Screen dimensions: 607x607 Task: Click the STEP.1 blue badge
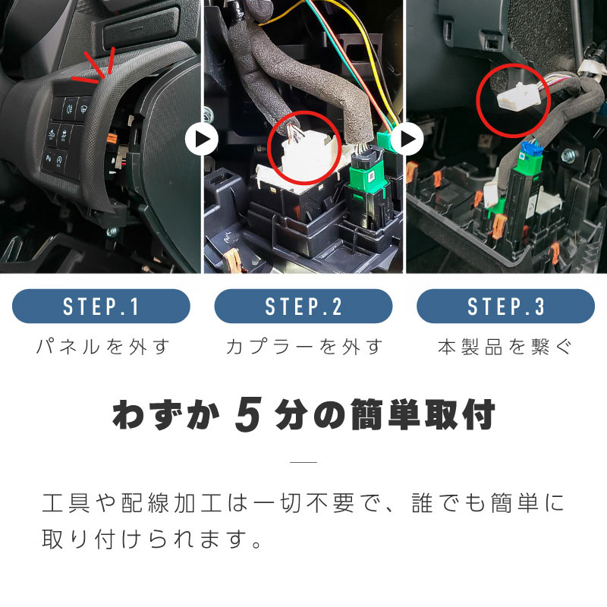coord(101,307)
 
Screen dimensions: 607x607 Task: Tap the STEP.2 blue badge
coord(303,307)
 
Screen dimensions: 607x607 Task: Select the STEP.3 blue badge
coord(505,307)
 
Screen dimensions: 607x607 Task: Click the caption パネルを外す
coord(103,347)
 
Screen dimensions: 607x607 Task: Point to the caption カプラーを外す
coord(304,347)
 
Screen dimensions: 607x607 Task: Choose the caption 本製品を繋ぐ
coord(505,347)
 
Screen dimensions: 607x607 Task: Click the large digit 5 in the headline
coord(248,414)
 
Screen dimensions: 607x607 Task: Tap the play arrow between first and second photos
coord(201,140)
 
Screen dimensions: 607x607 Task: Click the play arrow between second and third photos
coord(407,140)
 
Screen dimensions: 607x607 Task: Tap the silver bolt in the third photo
coord(568,156)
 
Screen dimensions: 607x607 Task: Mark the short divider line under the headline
coord(303,461)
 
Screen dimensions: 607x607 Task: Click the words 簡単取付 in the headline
coord(423,414)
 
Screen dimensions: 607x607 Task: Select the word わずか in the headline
coord(165,414)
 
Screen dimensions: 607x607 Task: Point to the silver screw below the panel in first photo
coord(112,232)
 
